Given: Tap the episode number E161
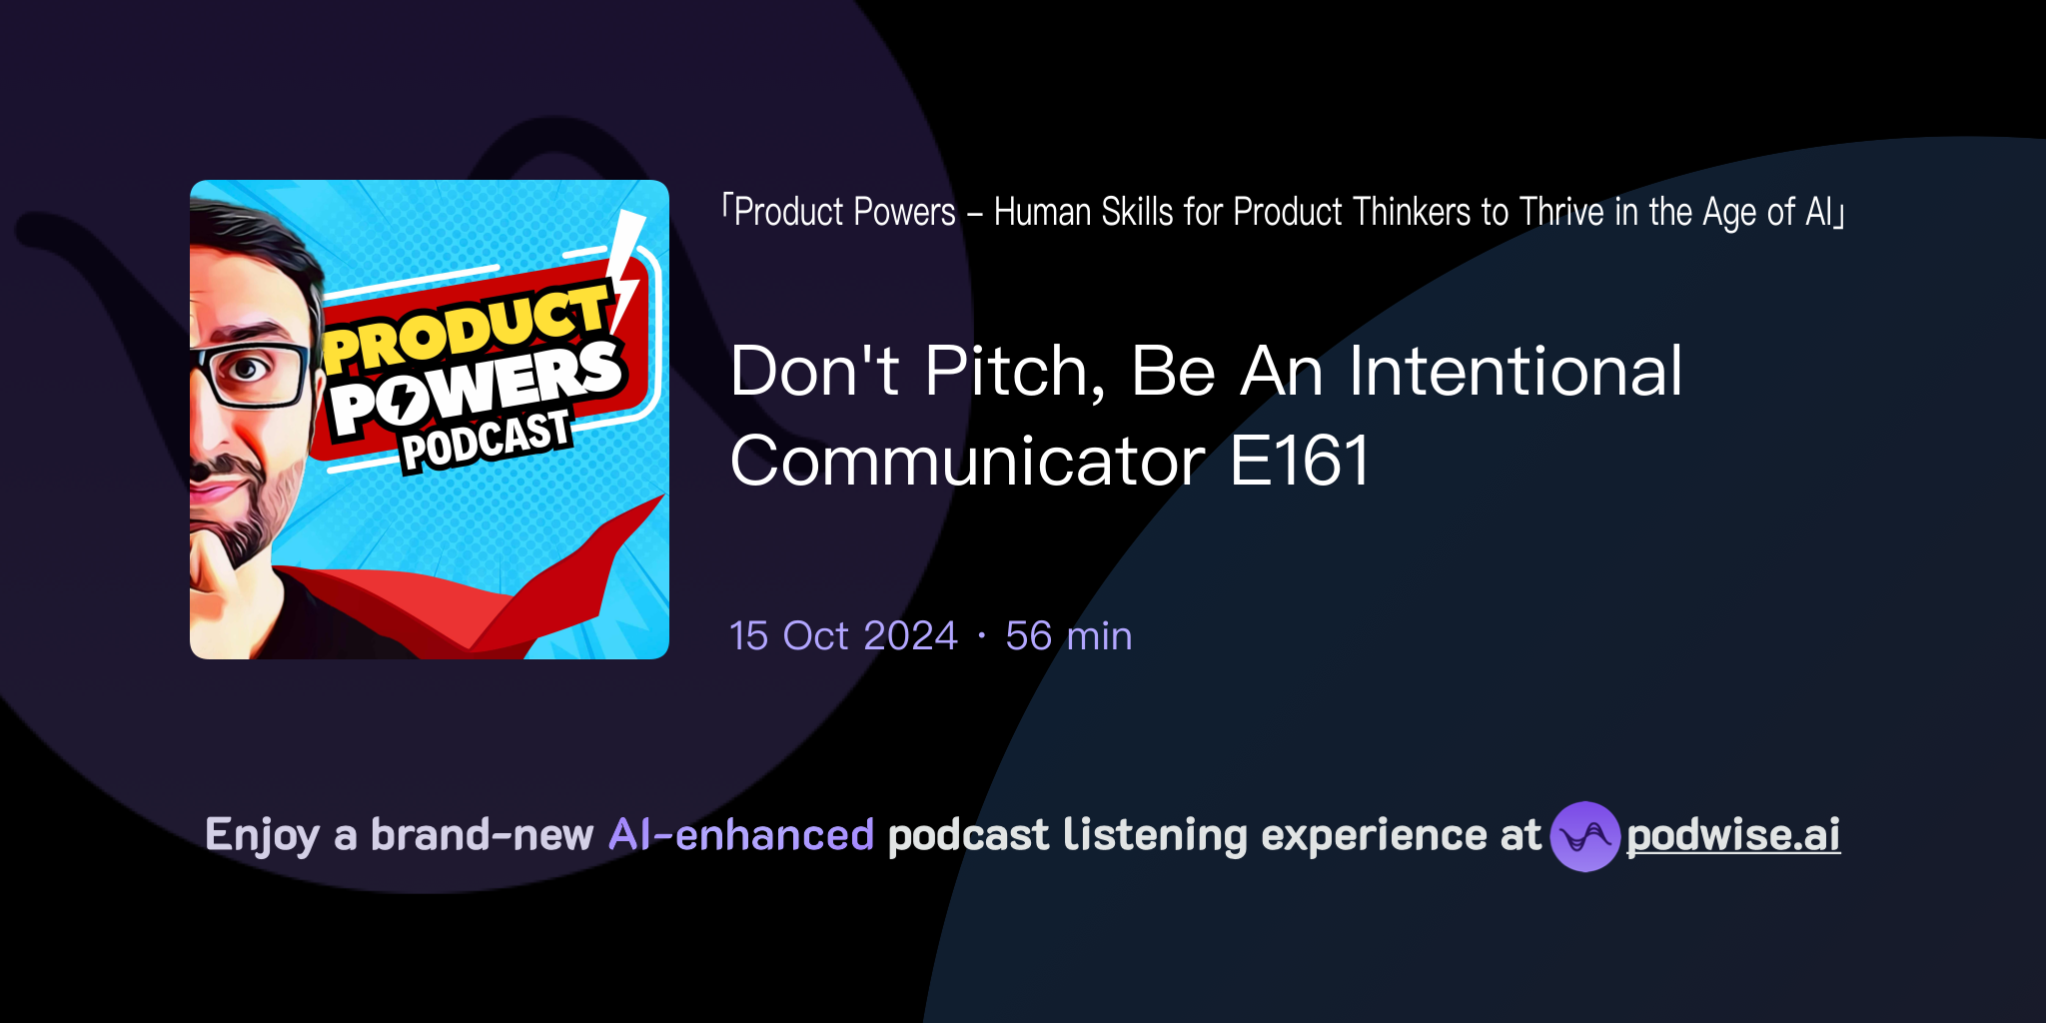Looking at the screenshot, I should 1300,462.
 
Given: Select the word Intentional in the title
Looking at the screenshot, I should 1516,372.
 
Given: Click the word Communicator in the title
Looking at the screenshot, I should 967,462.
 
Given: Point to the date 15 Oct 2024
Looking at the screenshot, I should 843,636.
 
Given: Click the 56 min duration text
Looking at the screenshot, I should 1068,636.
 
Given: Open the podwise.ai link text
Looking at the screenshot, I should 1732,835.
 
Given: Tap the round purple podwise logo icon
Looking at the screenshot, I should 1584,836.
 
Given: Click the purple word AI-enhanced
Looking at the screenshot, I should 741,835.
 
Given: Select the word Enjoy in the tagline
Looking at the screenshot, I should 263,835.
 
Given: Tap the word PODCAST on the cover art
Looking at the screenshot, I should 486,441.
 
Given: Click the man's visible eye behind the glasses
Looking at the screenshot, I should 247,370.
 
